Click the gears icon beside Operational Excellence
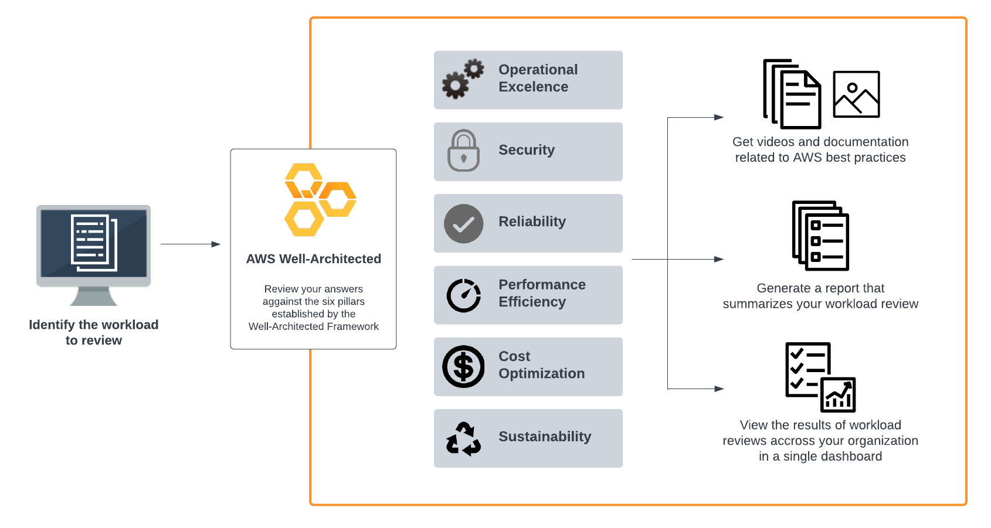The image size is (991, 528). pyautogui.click(x=463, y=79)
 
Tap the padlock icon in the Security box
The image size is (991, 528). pyautogui.click(x=463, y=151)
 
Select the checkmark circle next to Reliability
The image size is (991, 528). pyautogui.click(x=463, y=223)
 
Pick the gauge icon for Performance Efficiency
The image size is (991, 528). pyautogui.click(x=463, y=295)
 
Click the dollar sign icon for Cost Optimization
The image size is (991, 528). pyautogui.click(x=463, y=367)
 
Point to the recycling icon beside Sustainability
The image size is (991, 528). pyautogui.click(x=463, y=439)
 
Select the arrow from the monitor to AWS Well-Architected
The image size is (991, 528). pyautogui.click(x=190, y=244)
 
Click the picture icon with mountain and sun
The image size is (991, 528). pyautogui.click(x=856, y=94)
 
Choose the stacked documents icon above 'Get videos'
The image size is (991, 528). pyautogui.click(x=792, y=94)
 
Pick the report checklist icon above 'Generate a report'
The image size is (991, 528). pyautogui.click(x=820, y=236)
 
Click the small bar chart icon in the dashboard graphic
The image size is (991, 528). pyautogui.click(x=838, y=395)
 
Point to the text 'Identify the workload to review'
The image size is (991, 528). pyautogui.click(x=94, y=332)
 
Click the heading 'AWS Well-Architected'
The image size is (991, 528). pyautogui.click(x=313, y=259)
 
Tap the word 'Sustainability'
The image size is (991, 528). pyautogui.click(x=545, y=437)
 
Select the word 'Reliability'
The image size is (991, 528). pyautogui.click(x=532, y=222)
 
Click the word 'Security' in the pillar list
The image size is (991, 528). pyautogui.click(x=526, y=150)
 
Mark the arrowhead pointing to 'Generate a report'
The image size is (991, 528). pyautogui.click(x=719, y=259)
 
